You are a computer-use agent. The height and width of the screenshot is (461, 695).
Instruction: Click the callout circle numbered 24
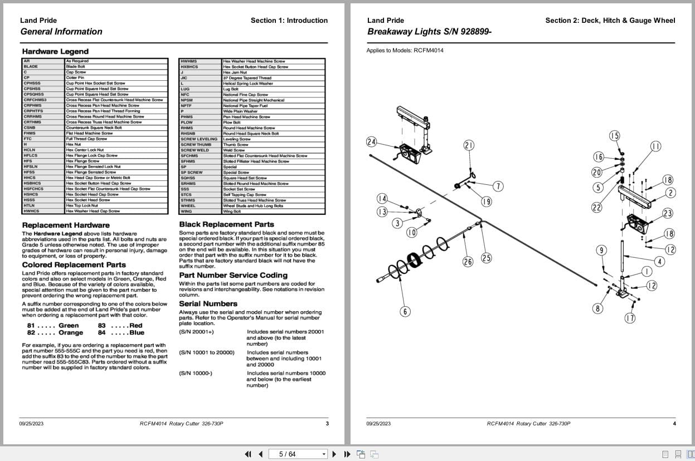click(x=371, y=142)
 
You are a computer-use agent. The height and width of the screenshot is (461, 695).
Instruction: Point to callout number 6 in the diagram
click(x=405, y=312)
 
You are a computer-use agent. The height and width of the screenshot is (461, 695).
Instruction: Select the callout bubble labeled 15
click(x=614, y=136)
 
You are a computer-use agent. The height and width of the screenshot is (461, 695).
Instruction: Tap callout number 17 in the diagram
click(x=629, y=318)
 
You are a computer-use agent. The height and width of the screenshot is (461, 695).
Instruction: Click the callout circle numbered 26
click(x=468, y=261)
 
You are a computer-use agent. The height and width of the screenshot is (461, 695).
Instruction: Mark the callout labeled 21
click(x=469, y=145)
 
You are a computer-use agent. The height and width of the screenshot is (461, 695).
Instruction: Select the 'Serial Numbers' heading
click(x=208, y=303)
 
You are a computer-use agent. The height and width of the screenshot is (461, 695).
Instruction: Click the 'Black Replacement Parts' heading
click(x=226, y=224)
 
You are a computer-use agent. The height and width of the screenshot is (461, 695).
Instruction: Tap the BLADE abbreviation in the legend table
click(x=31, y=66)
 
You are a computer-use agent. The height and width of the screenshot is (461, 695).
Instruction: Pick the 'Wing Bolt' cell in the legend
click(x=232, y=212)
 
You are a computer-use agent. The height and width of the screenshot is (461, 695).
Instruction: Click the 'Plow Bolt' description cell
click(x=231, y=122)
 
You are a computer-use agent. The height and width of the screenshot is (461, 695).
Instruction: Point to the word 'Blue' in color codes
click(x=137, y=333)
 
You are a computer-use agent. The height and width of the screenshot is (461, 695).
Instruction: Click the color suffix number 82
click(x=31, y=333)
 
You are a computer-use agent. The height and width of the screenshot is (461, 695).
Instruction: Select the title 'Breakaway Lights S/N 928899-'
click(x=429, y=32)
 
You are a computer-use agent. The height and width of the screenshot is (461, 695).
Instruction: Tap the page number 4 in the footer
click(x=674, y=424)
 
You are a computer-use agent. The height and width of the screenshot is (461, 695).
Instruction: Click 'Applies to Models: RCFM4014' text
click(x=405, y=51)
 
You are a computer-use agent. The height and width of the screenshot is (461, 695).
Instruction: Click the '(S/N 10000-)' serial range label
click(x=195, y=373)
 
